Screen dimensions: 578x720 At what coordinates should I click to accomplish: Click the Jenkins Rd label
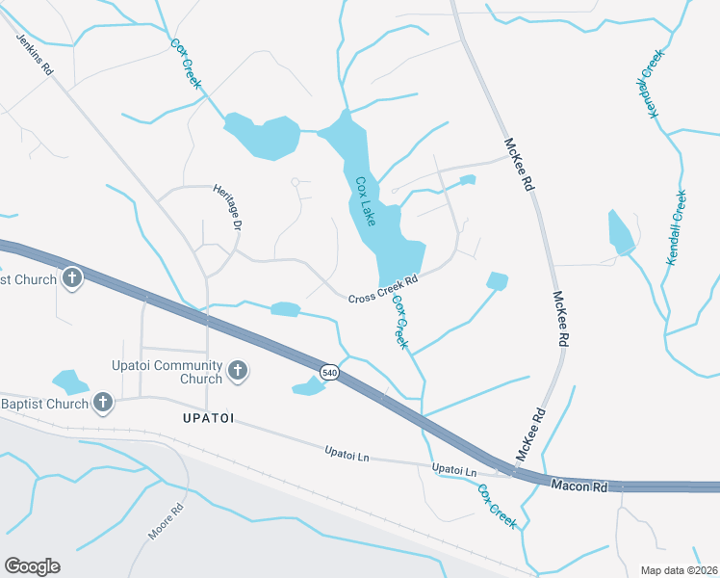pos(34,56)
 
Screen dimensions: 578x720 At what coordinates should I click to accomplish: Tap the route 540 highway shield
pos(329,372)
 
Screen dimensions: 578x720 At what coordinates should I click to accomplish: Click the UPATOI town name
pos(209,419)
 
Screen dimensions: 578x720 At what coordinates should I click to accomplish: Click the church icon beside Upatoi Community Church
pos(239,370)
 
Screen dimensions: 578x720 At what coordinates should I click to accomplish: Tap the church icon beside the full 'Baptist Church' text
pos(102,402)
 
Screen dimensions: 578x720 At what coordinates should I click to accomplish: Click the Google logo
pos(32,566)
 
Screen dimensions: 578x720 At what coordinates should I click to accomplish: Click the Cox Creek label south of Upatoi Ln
pos(497,506)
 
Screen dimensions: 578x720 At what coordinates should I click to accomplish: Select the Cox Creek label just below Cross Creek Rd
pos(400,323)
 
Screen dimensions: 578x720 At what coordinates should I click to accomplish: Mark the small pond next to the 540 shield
pos(308,386)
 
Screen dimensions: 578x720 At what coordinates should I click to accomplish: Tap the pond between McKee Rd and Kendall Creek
pos(620,233)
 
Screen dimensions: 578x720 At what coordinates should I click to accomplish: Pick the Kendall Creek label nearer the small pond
pos(677,228)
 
